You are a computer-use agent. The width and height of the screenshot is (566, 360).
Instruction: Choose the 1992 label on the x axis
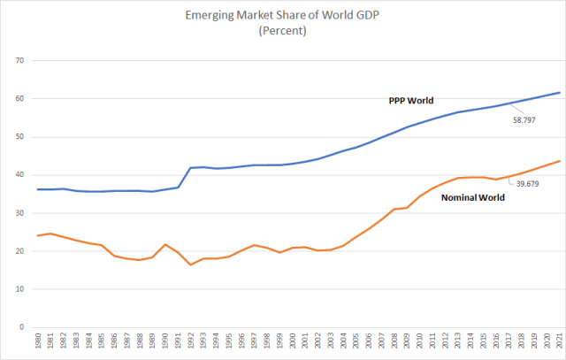click(191, 342)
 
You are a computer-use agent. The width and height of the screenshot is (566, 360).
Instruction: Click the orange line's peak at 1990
click(165, 244)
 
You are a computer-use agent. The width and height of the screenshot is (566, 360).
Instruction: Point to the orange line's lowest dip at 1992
click(191, 264)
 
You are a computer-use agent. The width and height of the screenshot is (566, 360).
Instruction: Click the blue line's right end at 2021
click(558, 93)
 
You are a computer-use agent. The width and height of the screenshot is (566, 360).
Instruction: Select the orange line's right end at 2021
click(558, 161)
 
